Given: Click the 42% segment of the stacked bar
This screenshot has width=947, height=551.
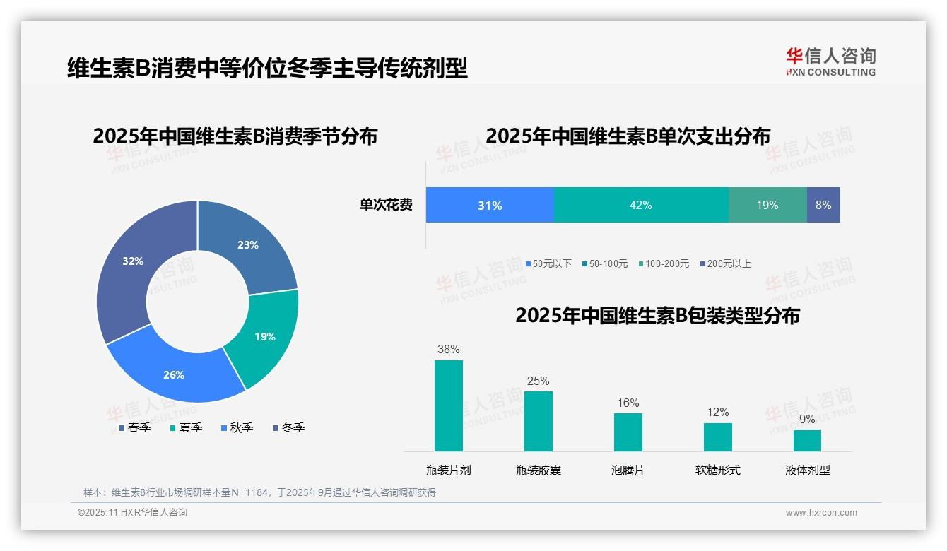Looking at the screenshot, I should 641,205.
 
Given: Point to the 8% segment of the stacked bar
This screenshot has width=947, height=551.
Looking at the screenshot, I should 823,205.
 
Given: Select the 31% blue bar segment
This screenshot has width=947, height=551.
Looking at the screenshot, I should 490,205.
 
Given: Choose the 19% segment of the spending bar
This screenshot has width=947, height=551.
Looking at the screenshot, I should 767,205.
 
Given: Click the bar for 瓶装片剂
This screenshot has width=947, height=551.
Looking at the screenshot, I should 448,405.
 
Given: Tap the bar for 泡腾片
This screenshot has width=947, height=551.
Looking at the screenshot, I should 628,432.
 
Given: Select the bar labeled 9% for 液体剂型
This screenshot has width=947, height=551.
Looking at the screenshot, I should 807,440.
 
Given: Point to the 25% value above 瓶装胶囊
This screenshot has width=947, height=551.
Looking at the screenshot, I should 538,381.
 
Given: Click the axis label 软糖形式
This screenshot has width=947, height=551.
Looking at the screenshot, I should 718,470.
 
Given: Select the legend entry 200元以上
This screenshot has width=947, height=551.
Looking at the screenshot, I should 729,263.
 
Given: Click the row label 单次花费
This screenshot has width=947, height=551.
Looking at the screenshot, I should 386,205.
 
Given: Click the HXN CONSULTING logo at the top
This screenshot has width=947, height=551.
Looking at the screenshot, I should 831,61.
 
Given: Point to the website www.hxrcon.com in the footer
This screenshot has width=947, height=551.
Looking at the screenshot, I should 821,512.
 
